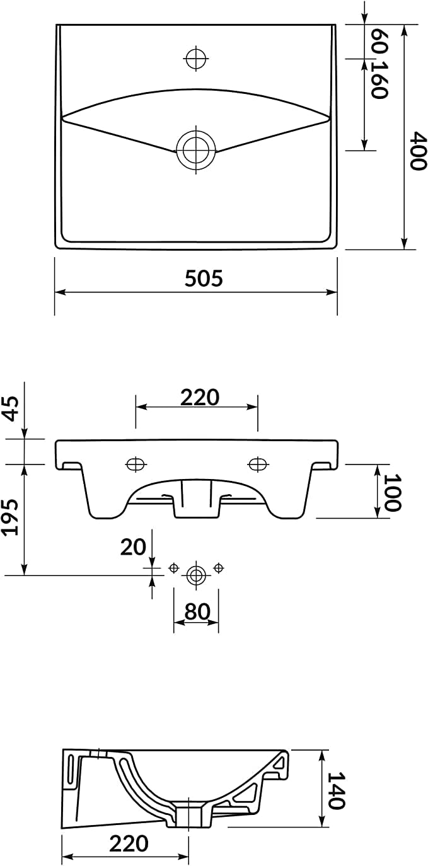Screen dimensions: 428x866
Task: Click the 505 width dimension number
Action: coord(204,279)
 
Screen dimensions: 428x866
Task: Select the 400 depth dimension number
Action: coord(419,151)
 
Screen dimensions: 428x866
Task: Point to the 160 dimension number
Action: coord(379,79)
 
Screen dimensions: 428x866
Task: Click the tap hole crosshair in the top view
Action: coord(196,59)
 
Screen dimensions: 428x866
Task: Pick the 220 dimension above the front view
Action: coord(199,398)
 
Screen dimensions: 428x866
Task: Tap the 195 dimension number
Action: coord(11,517)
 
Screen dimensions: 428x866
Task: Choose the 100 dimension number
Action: coord(393,492)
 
